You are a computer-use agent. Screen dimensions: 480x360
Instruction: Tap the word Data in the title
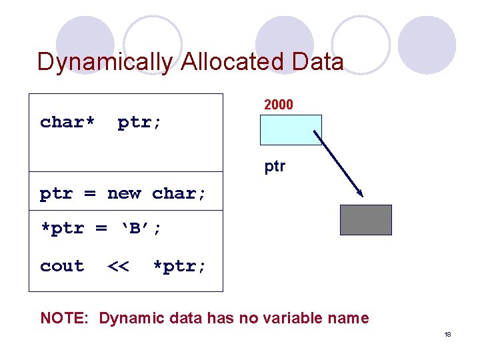tap(318, 62)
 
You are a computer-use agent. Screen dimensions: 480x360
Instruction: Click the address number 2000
tap(279, 105)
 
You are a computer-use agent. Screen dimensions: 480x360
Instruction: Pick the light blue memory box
tap(291, 130)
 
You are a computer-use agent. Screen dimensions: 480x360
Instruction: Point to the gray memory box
tap(366, 220)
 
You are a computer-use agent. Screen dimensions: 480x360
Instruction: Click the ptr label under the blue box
tap(275, 166)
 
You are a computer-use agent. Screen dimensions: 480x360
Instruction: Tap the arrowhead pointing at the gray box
tap(359, 193)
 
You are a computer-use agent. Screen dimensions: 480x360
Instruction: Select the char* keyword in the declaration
tap(67, 122)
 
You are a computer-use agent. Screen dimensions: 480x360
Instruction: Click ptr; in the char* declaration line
tap(139, 122)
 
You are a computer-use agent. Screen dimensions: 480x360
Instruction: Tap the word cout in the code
tap(62, 266)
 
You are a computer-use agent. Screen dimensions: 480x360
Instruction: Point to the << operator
tap(118, 266)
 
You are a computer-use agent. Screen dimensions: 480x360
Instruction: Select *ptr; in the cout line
tap(179, 266)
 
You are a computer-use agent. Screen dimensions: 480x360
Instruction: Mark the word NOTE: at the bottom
tap(65, 318)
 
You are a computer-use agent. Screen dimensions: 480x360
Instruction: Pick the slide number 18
tap(447, 334)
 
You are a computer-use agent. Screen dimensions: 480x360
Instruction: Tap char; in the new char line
tap(179, 193)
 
